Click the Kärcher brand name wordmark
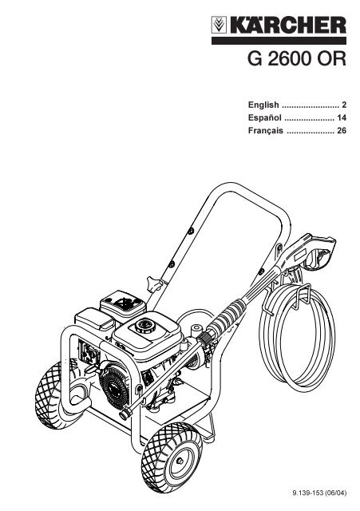pos(288,25)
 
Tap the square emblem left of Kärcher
pos(219,25)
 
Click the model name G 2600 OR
pos(296,59)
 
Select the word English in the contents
pos(263,105)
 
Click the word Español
pos(264,117)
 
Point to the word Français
pos(266,130)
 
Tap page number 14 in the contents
pos(342,117)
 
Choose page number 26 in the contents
pos(342,131)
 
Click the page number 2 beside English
pos(344,105)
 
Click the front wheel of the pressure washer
pos(172,458)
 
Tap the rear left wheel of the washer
pos(53,395)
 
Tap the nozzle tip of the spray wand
pos(125,414)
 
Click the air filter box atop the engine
pos(123,305)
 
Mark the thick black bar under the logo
pos(279,41)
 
